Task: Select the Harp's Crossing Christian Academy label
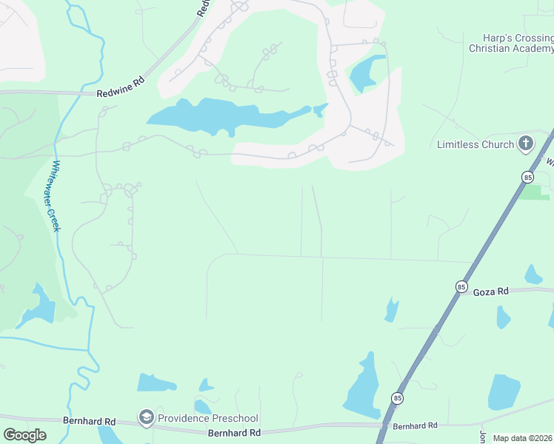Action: click(512, 43)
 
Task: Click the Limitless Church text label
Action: click(475, 144)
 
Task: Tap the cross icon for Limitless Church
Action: click(526, 144)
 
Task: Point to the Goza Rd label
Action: click(491, 292)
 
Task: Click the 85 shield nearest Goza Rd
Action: click(461, 286)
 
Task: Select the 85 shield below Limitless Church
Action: click(527, 177)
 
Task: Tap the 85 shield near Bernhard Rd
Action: click(398, 398)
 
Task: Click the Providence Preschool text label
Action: click(207, 418)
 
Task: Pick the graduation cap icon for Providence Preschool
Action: click(147, 418)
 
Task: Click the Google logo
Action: click(24, 435)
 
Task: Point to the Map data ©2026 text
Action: click(522, 438)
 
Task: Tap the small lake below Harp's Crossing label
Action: click(367, 72)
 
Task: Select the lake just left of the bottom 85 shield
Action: click(363, 388)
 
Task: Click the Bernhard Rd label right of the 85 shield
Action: click(415, 425)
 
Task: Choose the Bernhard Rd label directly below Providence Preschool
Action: click(234, 433)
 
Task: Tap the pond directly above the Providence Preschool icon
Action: click(156, 383)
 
